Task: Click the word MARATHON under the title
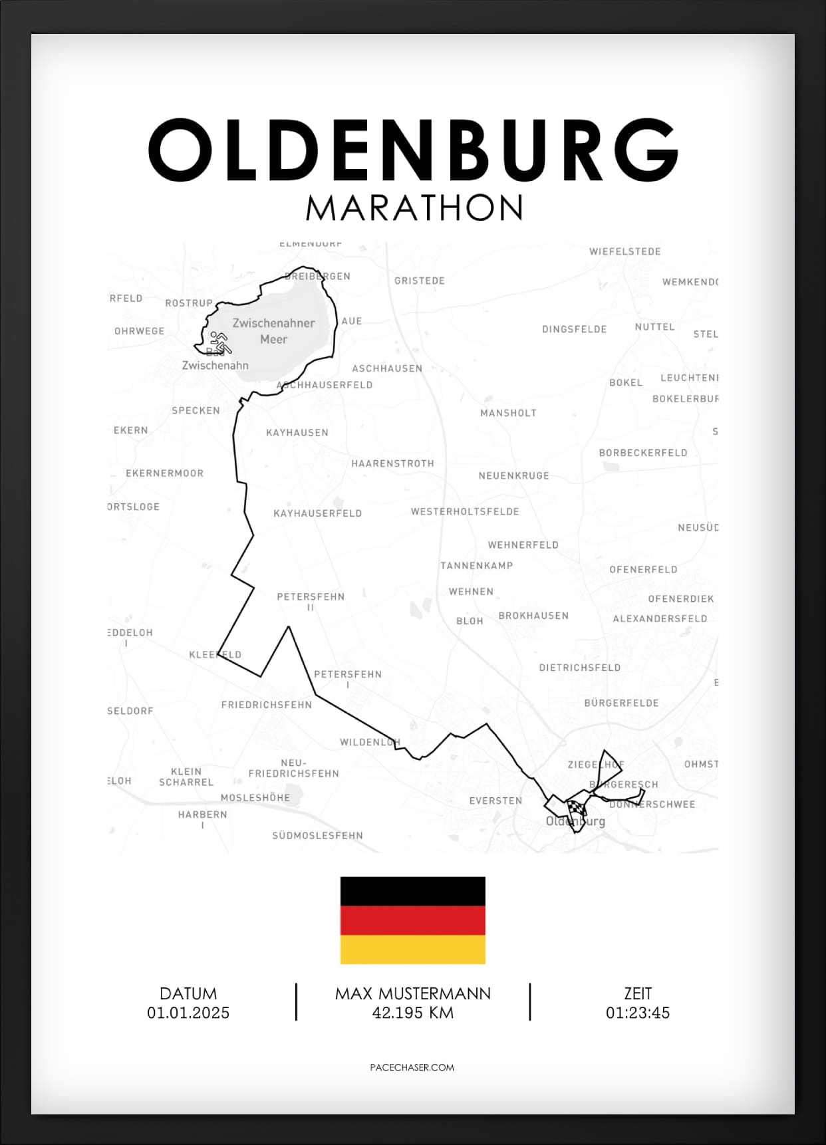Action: point(414,207)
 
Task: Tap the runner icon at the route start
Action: point(219,342)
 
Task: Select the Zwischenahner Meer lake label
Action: point(273,330)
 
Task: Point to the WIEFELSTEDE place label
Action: point(624,251)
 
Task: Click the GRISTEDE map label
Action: point(419,281)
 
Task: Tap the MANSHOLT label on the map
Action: point(508,413)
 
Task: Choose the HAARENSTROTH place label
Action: point(392,463)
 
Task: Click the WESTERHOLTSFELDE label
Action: point(464,511)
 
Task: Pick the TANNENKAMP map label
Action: point(476,566)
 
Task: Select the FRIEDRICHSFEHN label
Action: point(266,705)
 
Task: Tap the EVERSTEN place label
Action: point(495,801)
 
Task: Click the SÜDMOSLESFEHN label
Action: point(317,835)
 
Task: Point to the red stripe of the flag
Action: point(412,920)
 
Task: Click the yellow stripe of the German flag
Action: point(412,950)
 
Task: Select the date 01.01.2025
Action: point(188,1013)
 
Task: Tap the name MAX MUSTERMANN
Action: point(412,993)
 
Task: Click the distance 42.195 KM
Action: point(412,1013)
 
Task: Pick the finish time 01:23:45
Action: point(637,1013)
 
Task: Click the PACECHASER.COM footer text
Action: point(412,1067)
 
